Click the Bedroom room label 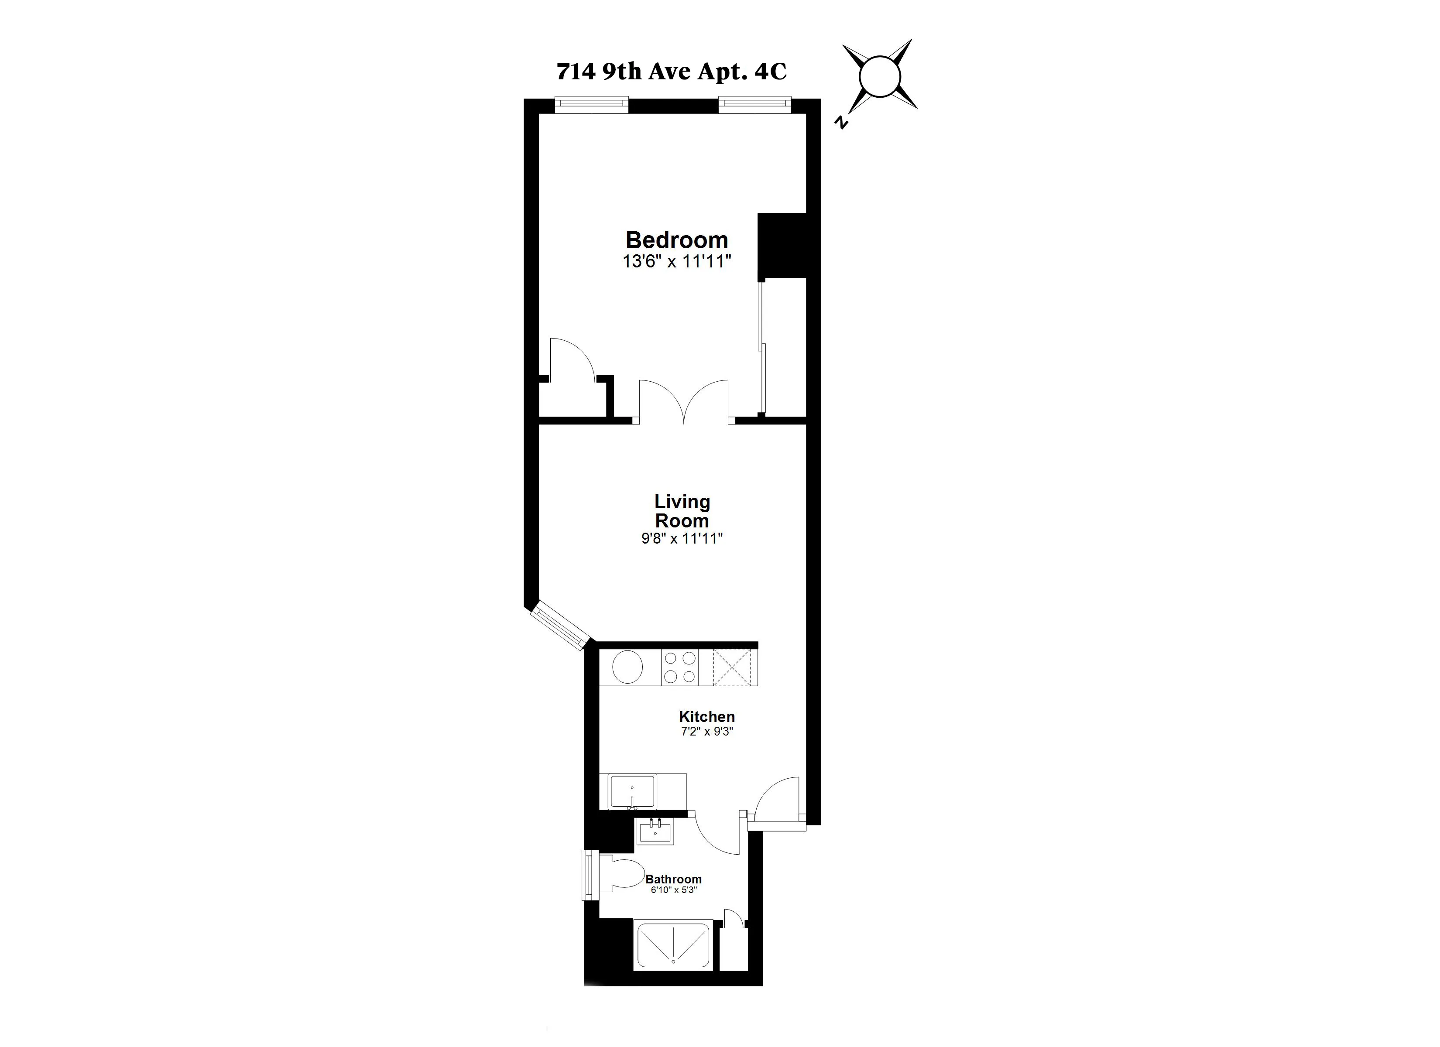[677, 240]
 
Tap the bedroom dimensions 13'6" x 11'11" [677, 262]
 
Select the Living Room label [682, 511]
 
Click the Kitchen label [706, 717]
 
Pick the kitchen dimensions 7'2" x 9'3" [706, 732]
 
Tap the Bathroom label [674, 879]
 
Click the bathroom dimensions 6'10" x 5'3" [674, 890]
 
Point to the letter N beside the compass [842, 123]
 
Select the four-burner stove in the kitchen [680, 667]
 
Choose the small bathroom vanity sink [656, 831]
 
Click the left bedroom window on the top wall [591, 105]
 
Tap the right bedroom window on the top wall [755, 105]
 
